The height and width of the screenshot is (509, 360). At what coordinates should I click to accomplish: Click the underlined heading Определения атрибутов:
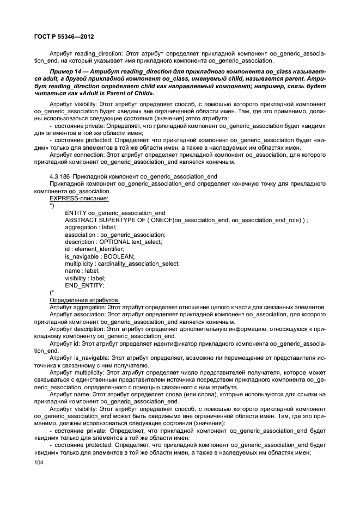84,299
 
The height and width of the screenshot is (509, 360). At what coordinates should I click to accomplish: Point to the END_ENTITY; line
84,285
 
